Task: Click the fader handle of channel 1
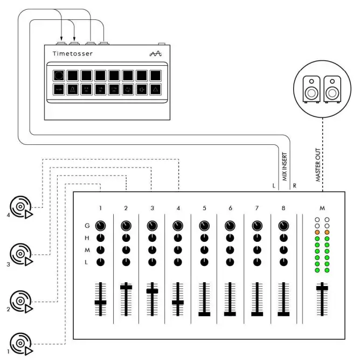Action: click(100, 303)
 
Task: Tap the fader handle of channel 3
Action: click(153, 291)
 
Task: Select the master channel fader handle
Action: click(322, 288)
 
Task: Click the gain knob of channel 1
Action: click(100, 226)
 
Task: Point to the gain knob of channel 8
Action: click(283, 226)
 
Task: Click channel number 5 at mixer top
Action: click(204, 207)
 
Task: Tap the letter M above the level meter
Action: click(322, 207)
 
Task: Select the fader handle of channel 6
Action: click(231, 313)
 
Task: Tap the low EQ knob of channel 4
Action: click(178, 262)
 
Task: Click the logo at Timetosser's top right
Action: click(155, 54)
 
